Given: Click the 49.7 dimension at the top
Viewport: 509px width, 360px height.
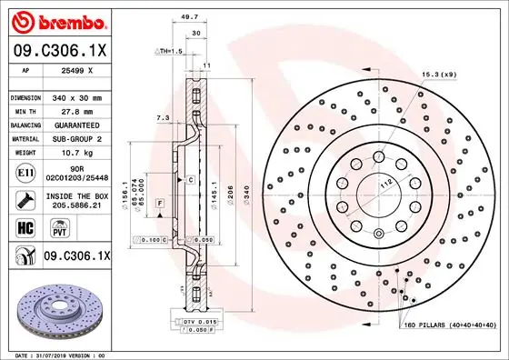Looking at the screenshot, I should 189,16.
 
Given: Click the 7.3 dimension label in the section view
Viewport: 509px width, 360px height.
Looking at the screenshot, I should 162,117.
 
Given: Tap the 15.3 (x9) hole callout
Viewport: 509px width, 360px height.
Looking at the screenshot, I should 438,74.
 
